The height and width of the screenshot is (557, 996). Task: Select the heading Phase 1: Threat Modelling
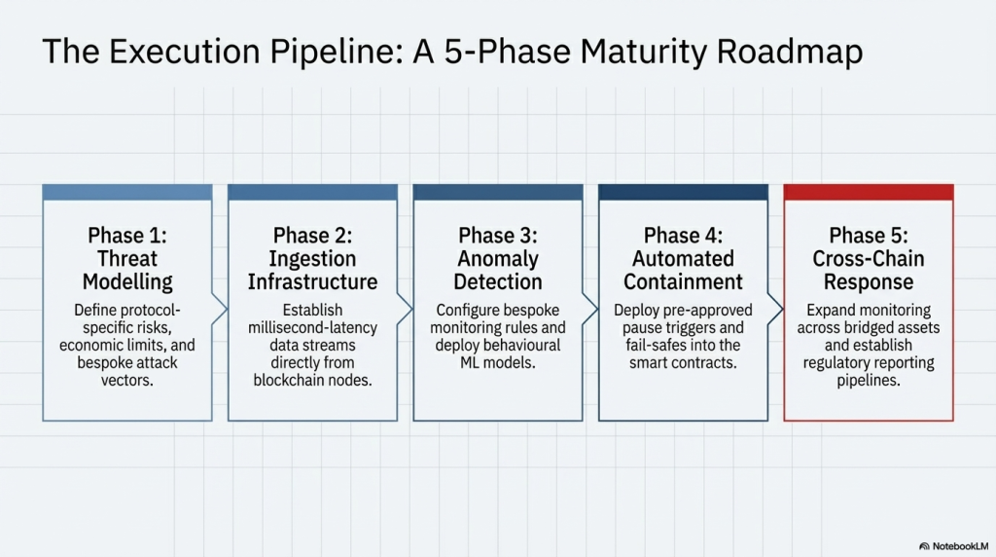coord(127,259)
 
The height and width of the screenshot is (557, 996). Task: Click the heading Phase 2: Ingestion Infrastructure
coord(312,259)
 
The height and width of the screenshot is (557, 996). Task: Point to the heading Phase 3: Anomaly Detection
coord(498,259)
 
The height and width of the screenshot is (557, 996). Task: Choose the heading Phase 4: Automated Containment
coord(683,259)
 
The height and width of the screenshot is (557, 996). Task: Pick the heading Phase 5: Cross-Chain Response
coord(869,259)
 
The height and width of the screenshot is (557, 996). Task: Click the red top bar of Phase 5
coord(869,193)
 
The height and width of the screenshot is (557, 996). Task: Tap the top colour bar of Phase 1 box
coord(127,193)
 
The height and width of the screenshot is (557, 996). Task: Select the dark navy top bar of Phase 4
coord(683,193)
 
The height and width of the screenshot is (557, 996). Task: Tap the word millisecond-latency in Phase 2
coord(312,328)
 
